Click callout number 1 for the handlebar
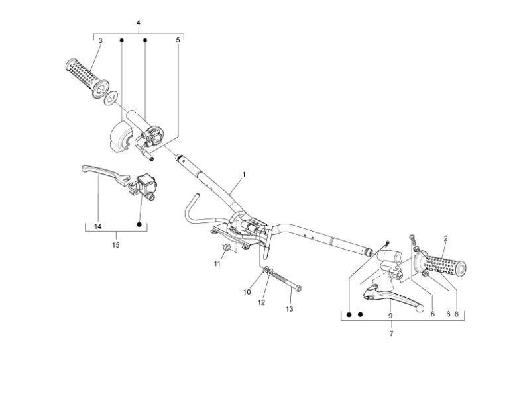click(x=244, y=175)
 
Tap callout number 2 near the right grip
click(x=445, y=238)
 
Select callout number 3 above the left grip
click(x=100, y=40)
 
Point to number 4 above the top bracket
click(x=138, y=23)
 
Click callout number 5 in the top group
click(x=178, y=40)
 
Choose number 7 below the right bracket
click(x=391, y=334)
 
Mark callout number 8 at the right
click(x=457, y=314)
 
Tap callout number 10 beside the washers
click(x=246, y=291)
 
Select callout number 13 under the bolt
click(x=289, y=308)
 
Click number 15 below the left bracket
click(x=116, y=244)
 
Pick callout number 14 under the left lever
click(x=97, y=226)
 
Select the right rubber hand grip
click(x=442, y=266)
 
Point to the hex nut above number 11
click(x=225, y=248)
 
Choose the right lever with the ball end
click(x=391, y=297)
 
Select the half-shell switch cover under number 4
click(x=118, y=136)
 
